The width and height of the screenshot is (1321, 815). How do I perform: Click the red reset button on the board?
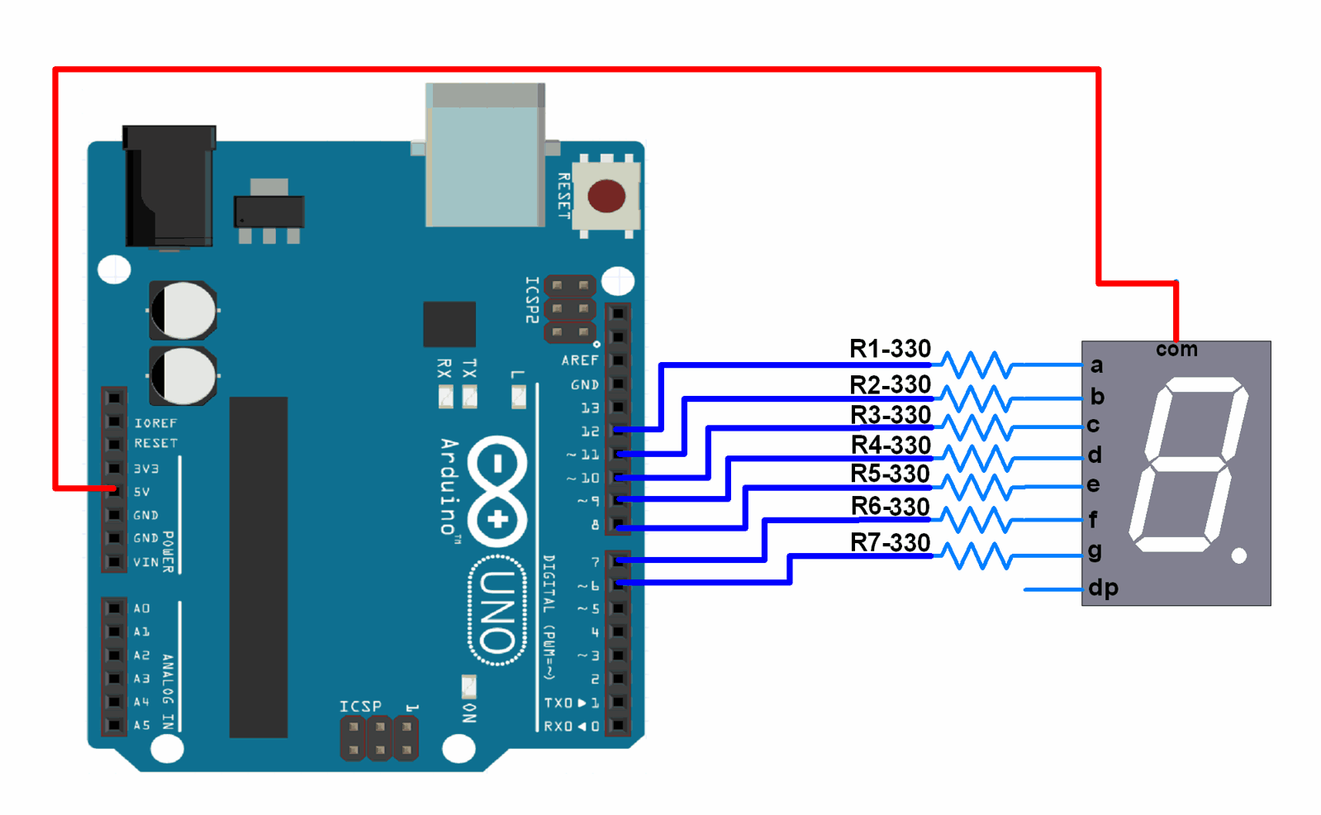point(606,196)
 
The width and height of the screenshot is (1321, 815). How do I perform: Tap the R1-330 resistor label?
point(890,349)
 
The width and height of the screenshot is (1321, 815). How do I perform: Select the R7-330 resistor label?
point(890,543)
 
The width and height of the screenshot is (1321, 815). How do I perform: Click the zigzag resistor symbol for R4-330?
point(977,458)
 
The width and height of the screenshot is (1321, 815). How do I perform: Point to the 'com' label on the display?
point(1176,350)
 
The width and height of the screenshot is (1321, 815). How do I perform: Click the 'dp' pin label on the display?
point(1103,588)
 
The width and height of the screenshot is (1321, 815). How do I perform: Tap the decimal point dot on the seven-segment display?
point(1238,555)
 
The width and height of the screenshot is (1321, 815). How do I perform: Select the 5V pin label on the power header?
point(142,492)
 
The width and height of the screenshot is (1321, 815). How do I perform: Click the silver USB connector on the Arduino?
point(485,155)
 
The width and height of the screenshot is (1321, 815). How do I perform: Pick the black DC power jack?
point(169,186)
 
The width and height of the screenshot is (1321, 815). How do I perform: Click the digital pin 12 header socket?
point(618,431)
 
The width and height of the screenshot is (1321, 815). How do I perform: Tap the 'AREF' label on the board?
point(579,360)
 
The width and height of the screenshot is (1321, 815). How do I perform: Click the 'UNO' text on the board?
point(498,611)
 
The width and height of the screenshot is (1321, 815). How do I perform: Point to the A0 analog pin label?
point(142,608)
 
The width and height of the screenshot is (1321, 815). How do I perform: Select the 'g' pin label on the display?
point(1095,550)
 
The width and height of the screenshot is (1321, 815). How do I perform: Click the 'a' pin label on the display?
point(1096,365)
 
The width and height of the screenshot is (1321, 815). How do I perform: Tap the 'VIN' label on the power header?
point(145,562)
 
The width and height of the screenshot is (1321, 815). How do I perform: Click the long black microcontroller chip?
point(259,567)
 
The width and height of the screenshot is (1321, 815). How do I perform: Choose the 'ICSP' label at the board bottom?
point(360,707)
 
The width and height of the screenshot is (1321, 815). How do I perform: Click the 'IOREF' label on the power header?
point(155,423)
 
